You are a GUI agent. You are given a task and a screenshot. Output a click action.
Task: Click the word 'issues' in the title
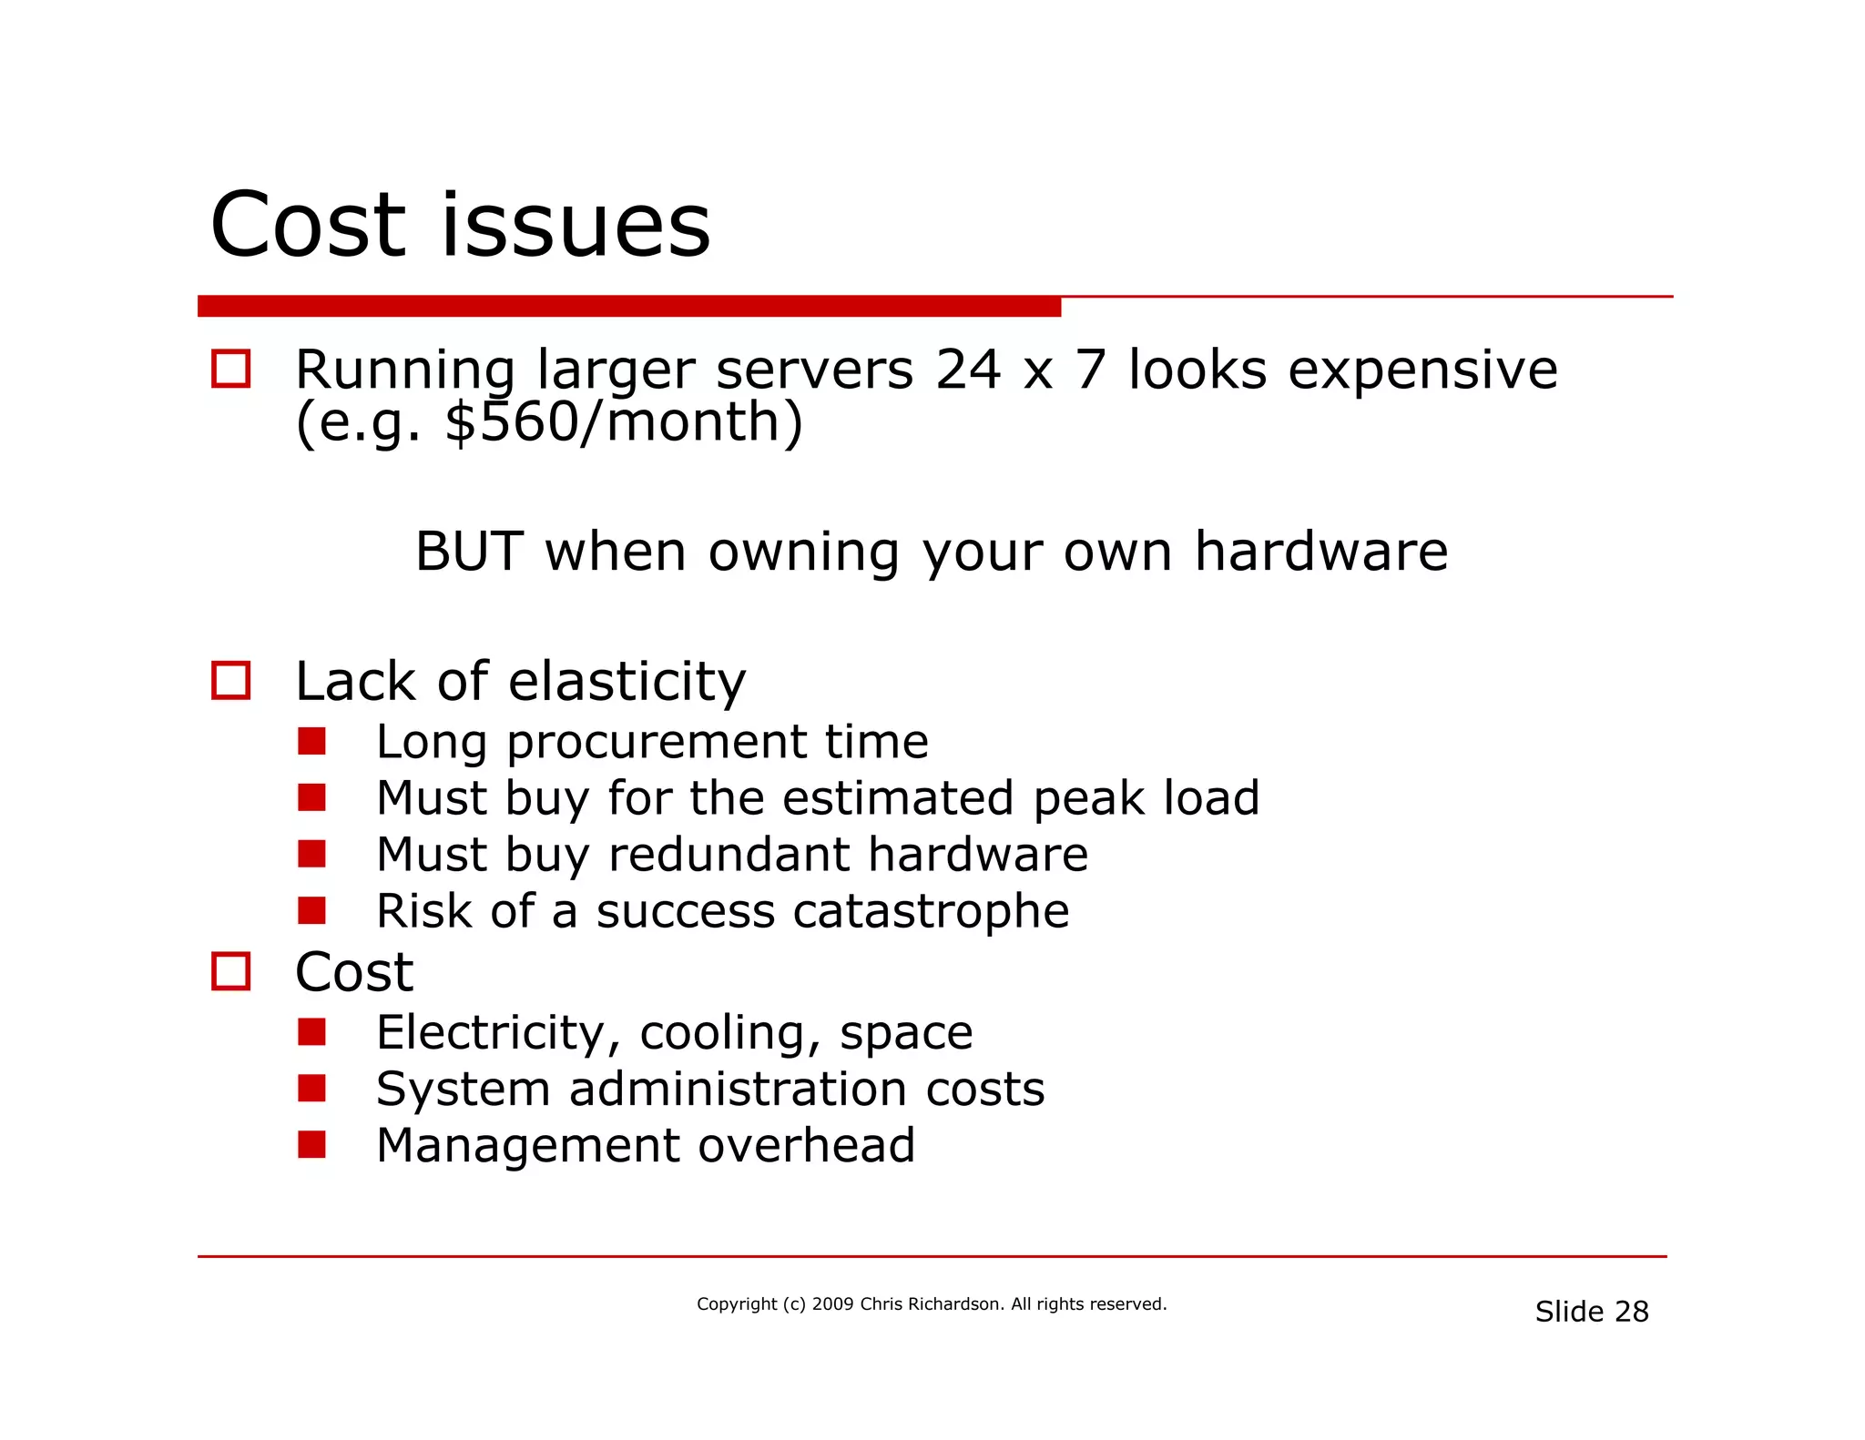tap(575, 225)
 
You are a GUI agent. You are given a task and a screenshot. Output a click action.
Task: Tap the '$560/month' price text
tap(624, 422)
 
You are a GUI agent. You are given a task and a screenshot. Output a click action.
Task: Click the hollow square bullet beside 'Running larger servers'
tap(230, 370)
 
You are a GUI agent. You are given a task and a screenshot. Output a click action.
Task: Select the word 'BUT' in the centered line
tap(468, 552)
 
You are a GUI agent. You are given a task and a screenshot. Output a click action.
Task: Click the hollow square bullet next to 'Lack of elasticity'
tap(230, 681)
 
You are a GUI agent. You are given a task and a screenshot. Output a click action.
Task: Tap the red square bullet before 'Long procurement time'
tap(311, 742)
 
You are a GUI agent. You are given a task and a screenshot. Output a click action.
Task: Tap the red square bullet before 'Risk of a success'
tap(311, 910)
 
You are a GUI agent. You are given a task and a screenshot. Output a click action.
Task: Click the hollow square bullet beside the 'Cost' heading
tap(230, 971)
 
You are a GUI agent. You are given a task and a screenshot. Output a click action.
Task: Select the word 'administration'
tap(737, 1090)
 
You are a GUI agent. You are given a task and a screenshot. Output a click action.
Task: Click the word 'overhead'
tap(806, 1145)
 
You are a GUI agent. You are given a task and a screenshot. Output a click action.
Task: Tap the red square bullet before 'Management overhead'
tap(311, 1144)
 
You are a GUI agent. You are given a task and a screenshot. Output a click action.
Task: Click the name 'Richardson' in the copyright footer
tap(955, 1304)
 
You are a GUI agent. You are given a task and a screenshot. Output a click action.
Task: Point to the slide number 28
tap(1631, 1312)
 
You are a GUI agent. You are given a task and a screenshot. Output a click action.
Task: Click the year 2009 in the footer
tap(832, 1304)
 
